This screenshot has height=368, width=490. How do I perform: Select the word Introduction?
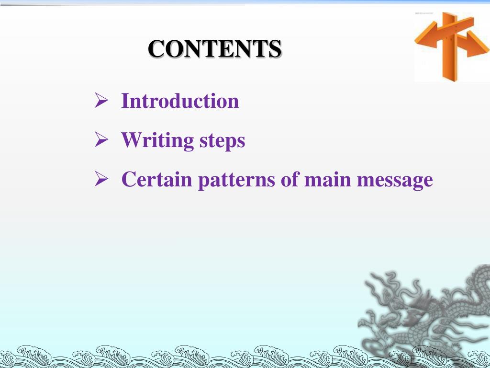point(180,101)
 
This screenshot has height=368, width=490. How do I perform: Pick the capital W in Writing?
point(130,140)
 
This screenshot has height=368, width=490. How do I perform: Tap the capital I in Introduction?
point(125,101)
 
